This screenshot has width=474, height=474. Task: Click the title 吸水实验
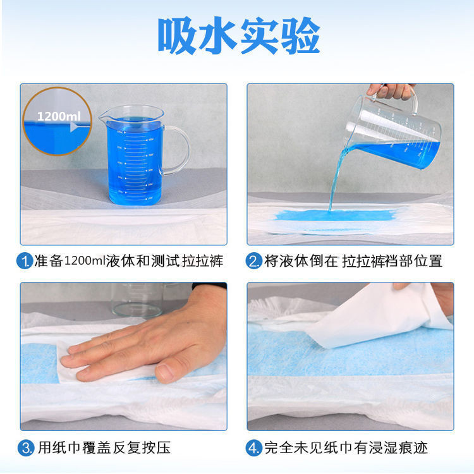238,37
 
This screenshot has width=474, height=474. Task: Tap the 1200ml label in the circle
58,116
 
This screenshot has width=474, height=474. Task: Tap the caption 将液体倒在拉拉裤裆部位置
354,260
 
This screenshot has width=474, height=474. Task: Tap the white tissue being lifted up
373,316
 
